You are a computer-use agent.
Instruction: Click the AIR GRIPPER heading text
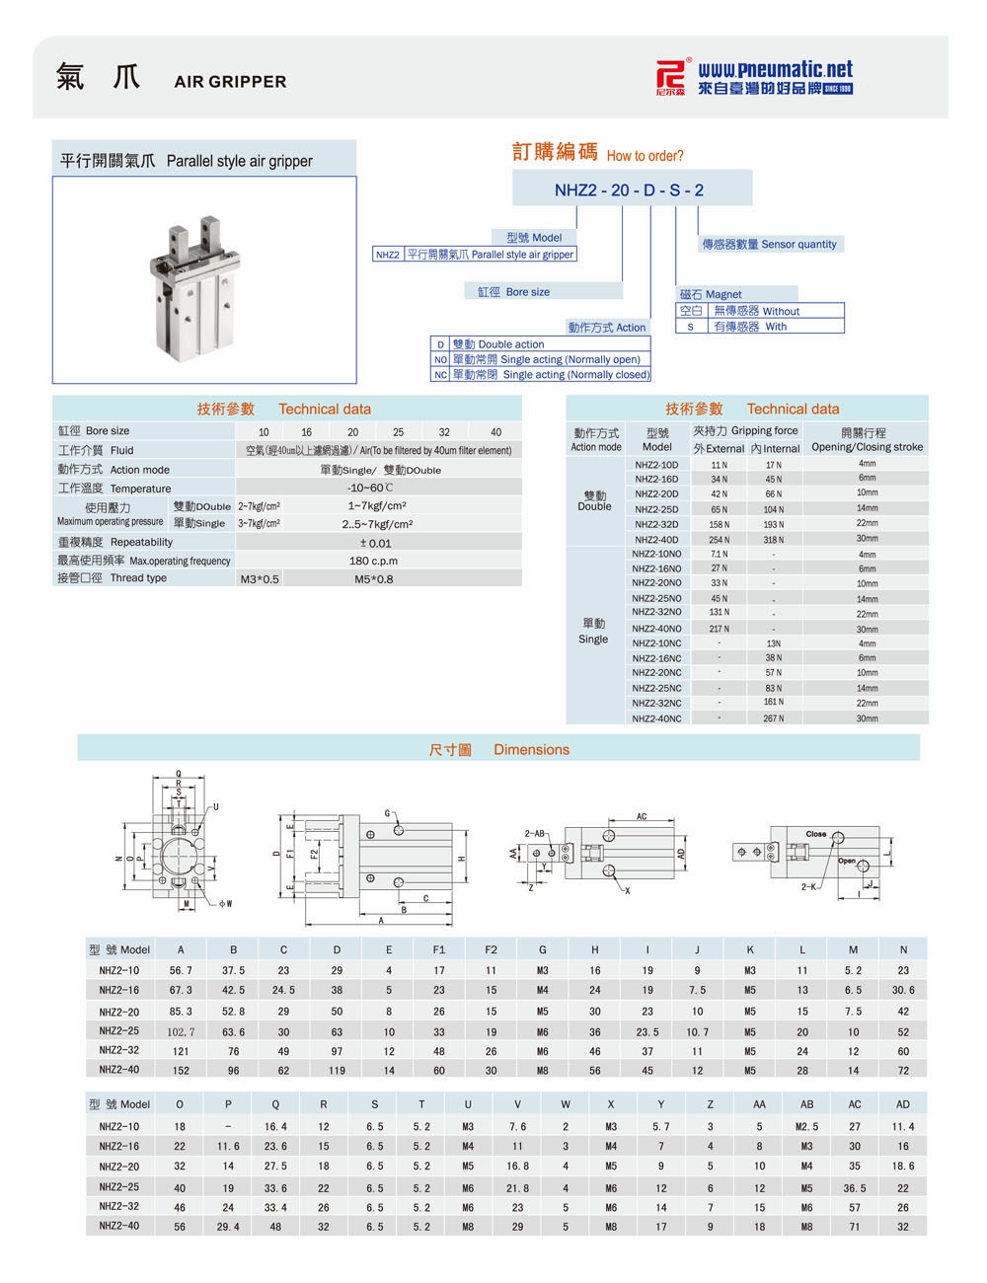[x=230, y=82]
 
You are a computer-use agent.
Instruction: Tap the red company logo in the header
[x=672, y=76]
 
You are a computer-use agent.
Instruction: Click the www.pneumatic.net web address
[x=775, y=69]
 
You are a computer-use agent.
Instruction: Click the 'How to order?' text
[x=645, y=156]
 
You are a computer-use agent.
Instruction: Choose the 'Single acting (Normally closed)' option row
[x=540, y=374]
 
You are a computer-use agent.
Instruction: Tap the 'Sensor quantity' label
[x=798, y=244]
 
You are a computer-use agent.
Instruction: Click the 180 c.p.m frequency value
[x=373, y=561]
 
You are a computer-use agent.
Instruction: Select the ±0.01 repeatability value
[x=375, y=543]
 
